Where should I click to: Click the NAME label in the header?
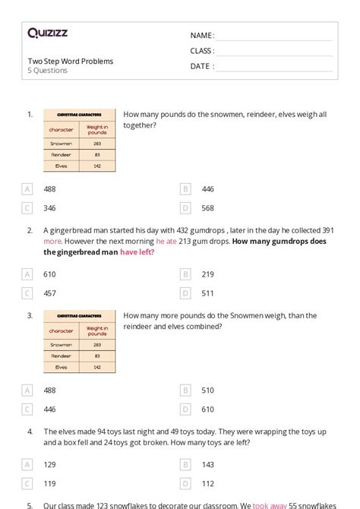click(202, 36)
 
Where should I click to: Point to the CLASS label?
click(202, 51)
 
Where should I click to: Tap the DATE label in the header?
click(201, 66)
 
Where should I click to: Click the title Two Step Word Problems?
click(71, 61)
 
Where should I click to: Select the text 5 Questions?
click(48, 71)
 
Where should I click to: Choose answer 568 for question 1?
click(208, 207)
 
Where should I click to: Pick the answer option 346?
click(49, 207)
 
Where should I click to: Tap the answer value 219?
click(208, 274)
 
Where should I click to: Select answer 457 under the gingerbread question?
click(49, 293)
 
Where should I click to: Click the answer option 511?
click(207, 293)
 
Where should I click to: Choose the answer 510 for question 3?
click(208, 390)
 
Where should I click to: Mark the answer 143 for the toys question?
click(208, 464)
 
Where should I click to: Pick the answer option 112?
click(208, 483)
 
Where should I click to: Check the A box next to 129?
click(27, 464)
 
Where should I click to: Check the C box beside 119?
click(27, 483)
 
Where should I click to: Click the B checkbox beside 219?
click(185, 274)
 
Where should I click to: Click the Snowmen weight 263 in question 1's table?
click(97, 143)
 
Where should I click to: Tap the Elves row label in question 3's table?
click(61, 367)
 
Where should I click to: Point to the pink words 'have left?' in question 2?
click(137, 252)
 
